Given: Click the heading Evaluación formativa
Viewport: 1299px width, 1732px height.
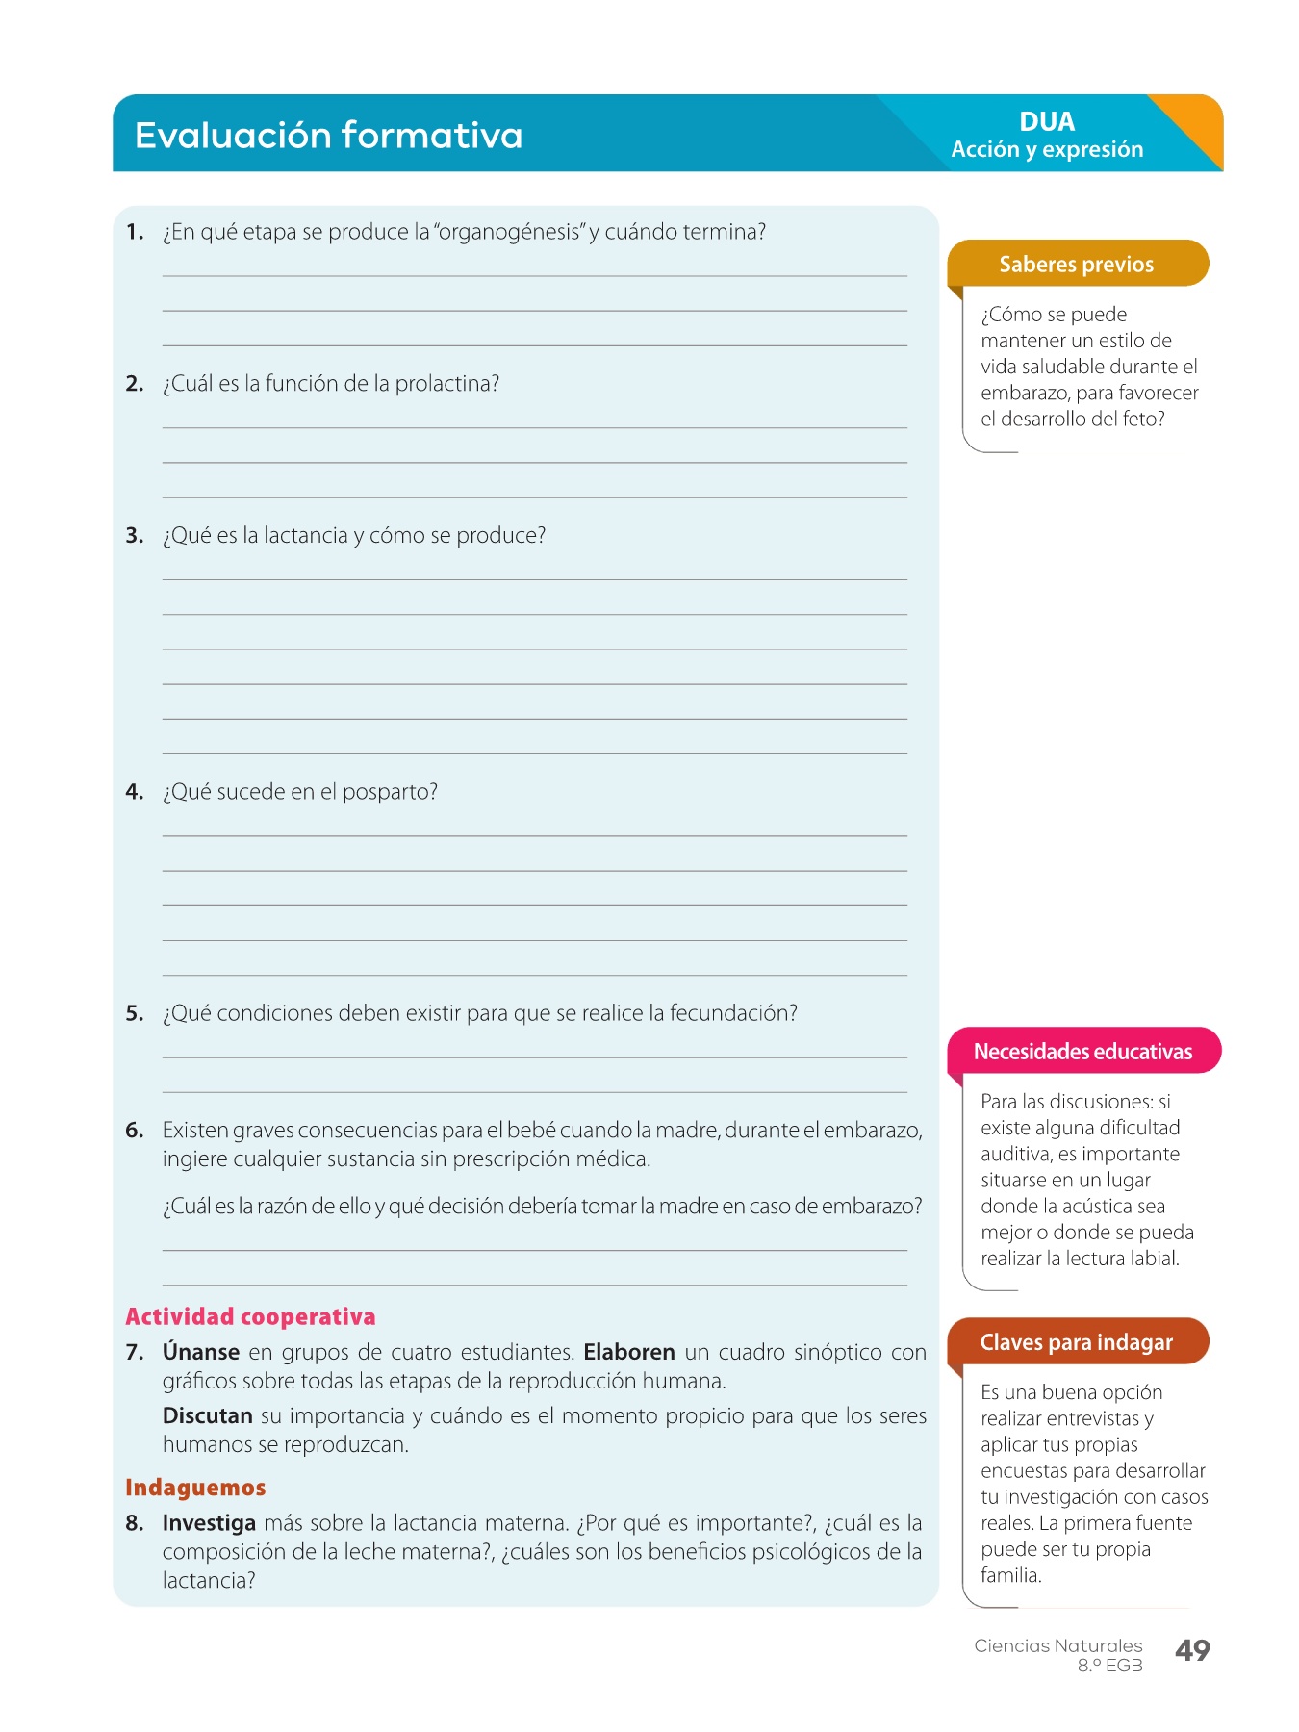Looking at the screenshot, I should tap(328, 136).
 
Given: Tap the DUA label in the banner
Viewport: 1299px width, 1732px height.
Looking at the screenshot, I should tap(1047, 122).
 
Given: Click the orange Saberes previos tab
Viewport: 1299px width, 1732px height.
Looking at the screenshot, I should tap(1076, 265).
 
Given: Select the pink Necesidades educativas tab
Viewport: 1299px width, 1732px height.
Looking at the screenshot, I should tap(1082, 1052).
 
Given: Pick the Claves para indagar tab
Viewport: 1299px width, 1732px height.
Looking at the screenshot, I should tap(1076, 1342).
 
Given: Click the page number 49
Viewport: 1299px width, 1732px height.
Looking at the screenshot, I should tap(1192, 1650).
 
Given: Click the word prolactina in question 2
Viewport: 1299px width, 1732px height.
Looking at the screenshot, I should tap(446, 384).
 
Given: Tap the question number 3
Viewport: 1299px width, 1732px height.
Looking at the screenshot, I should tap(134, 536).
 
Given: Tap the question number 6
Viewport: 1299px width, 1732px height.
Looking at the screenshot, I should tap(134, 1131).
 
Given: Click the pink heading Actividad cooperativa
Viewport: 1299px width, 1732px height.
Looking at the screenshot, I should tap(250, 1316).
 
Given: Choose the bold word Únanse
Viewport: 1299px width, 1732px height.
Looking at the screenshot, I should tap(200, 1352).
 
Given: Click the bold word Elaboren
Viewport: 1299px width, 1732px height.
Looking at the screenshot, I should tap(629, 1352).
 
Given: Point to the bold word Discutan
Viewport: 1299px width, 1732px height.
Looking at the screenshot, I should tap(207, 1415).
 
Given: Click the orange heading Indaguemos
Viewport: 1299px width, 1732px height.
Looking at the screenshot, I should tap(195, 1488).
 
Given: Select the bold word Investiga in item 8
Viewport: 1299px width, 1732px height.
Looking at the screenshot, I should tap(209, 1523).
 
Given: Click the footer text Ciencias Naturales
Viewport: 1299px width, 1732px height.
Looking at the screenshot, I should tap(1057, 1645).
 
